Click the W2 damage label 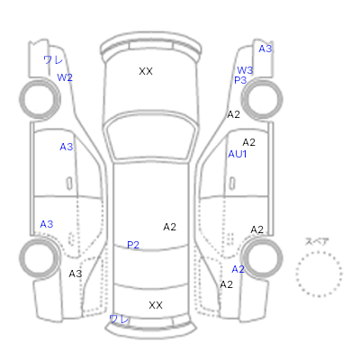pos(65,77)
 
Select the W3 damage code pos(245,70)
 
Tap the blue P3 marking pos(240,80)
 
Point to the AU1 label pos(238,154)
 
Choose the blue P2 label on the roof pos(133,245)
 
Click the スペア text pos(317,241)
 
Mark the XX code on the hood pos(146,71)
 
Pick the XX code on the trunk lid pos(156,305)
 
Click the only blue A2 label pos(238,269)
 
